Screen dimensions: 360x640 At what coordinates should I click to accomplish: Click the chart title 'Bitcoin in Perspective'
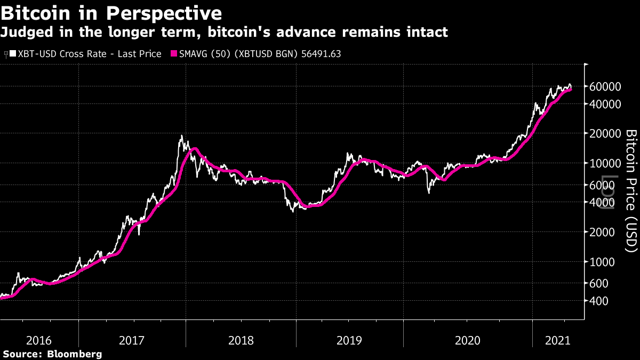point(111,12)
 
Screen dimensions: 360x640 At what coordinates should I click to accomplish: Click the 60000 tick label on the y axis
point(604,87)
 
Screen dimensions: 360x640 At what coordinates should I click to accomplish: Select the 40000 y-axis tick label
point(604,104)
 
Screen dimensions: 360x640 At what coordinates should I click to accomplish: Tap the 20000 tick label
point(604,133)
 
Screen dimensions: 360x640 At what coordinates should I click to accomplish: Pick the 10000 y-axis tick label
point(604,163)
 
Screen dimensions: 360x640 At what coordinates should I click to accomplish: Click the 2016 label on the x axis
point(39,340)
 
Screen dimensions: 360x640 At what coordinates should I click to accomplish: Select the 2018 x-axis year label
point(241,340)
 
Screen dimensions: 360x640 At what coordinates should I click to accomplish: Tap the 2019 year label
point(349,340)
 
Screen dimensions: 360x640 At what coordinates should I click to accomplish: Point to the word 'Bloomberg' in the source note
point(75,354)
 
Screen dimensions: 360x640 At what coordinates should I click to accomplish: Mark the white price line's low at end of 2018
point(293,212)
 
